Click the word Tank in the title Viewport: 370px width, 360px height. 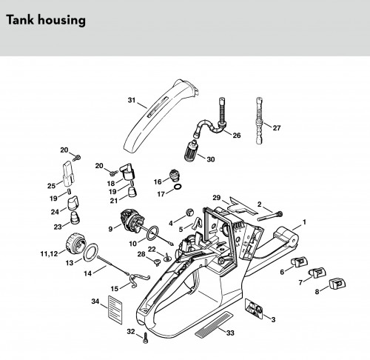pyautogui.click(x=20, y=19)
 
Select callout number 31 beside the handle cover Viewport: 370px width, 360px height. pyautogui.click(x=132, y=100)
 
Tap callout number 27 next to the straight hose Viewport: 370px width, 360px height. pyautogui.click(x=277, y=128)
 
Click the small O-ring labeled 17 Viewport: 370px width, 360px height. pyautogui.click(x=178, y=187)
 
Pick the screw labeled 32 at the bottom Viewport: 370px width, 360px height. pyautogui.click(x=146, y=337)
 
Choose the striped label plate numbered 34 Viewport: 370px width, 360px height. pyautogui.click(x=115, y=310)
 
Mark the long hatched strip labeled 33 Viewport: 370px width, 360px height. pyautogui.click(x=214, y=324)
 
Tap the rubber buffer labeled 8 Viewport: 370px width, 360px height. pyautogui.click(x=337, y=284)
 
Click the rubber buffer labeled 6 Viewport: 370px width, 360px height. pyautogui.click(x=300, y=261)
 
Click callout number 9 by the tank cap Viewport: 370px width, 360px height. pyautogui.click(x=110, y=229)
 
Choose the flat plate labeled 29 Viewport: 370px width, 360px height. pyautogui.click(x=243, y=205)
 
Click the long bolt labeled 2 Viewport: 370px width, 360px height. pyautogui.click(x=270, y=216)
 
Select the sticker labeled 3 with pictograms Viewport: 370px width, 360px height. pyautogui.click(x=254, y=308)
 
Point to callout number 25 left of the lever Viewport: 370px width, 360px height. pyautogui.click(x=51, y=186)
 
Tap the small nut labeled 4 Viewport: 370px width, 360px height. pyautogui.click(x=189, y=213)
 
